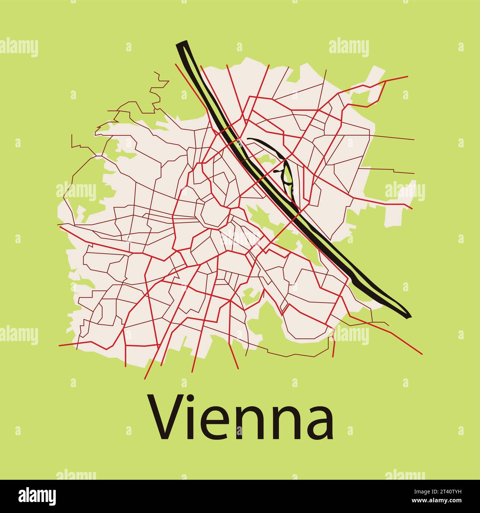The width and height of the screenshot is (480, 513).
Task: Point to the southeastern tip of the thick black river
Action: click(409, 316)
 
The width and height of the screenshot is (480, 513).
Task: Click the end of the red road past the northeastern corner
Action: click(407, 77)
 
